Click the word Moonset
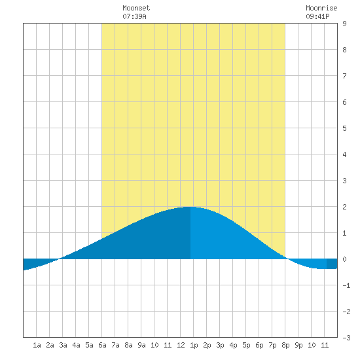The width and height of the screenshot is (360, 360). point(136,8)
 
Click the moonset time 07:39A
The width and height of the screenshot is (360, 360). point(134,16)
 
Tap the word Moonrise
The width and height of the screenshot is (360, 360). point(321,8)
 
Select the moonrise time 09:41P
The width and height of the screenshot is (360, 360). point(317,16)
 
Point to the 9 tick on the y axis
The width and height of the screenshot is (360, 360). point(344,24)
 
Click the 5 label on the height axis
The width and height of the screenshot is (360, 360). point(344,128)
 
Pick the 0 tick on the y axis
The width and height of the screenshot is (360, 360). point(344,259)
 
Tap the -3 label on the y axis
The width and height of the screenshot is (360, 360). point(346,338)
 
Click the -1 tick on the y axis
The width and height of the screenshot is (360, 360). point(346,285)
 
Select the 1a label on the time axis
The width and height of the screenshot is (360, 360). point(37,345)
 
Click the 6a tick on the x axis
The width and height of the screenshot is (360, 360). point(102,345)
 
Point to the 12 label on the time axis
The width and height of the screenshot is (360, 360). point(181,345)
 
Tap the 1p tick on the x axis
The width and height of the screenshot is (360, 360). point(194,345)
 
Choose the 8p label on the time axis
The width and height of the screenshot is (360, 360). point(285,345)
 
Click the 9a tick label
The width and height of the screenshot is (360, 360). point(141,345)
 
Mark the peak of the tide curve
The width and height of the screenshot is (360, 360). point(189,207)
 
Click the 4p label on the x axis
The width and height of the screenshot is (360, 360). point(233,345)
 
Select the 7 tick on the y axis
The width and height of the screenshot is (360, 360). point(344,76)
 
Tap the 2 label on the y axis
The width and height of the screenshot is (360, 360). point(344,207)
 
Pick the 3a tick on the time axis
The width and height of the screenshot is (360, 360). point(63,345)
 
